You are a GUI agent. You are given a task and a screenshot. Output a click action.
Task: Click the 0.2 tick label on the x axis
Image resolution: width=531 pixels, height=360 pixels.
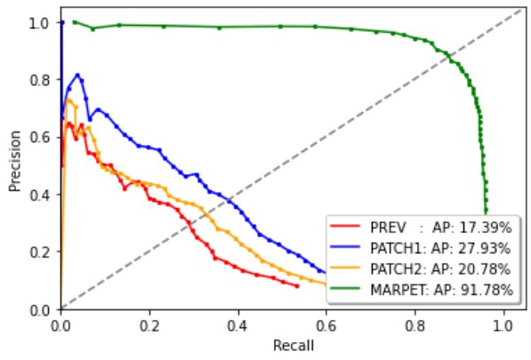tap(149, 325)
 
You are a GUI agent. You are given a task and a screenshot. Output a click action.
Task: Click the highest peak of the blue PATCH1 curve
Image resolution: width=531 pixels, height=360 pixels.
tap(78, 75)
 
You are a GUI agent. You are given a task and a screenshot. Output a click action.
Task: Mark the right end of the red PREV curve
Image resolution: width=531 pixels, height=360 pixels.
tap(298, 286)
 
